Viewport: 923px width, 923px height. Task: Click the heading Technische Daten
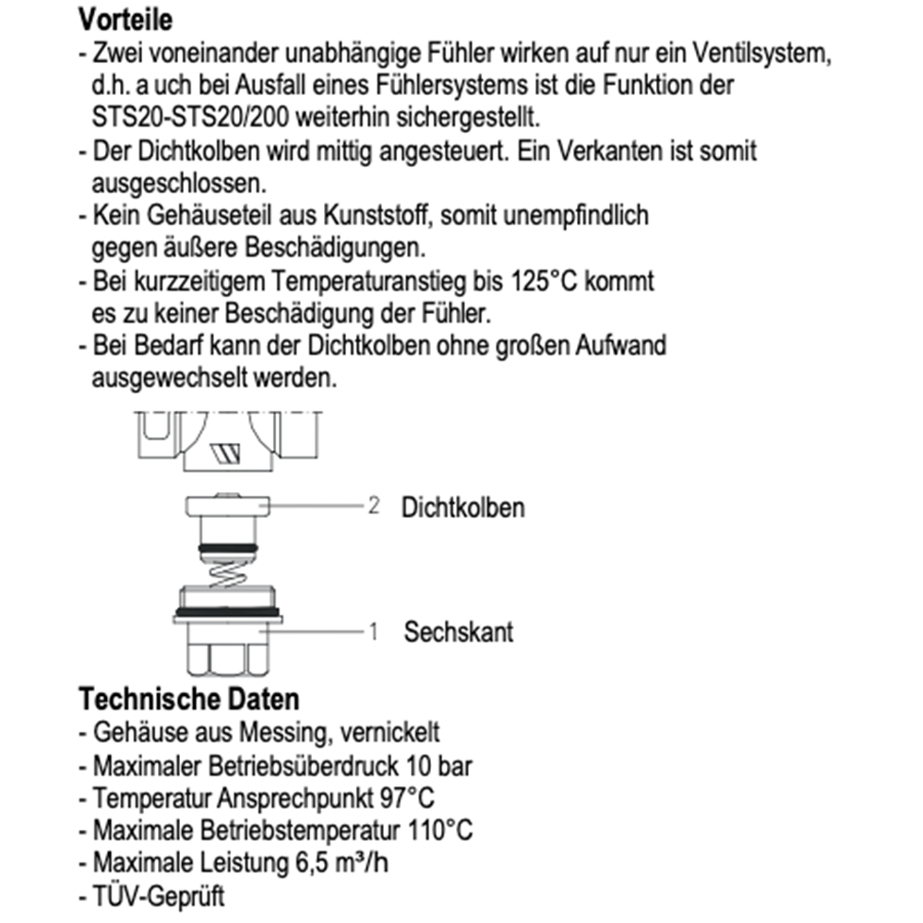[188, 698]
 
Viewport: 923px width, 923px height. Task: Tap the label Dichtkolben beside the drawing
[462, 507]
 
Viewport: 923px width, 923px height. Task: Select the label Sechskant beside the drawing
[458, 632]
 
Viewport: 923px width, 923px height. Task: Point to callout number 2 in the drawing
[374, 506]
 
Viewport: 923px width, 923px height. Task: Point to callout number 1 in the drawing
[374, 632]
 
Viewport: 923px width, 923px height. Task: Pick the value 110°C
[440, 829]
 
